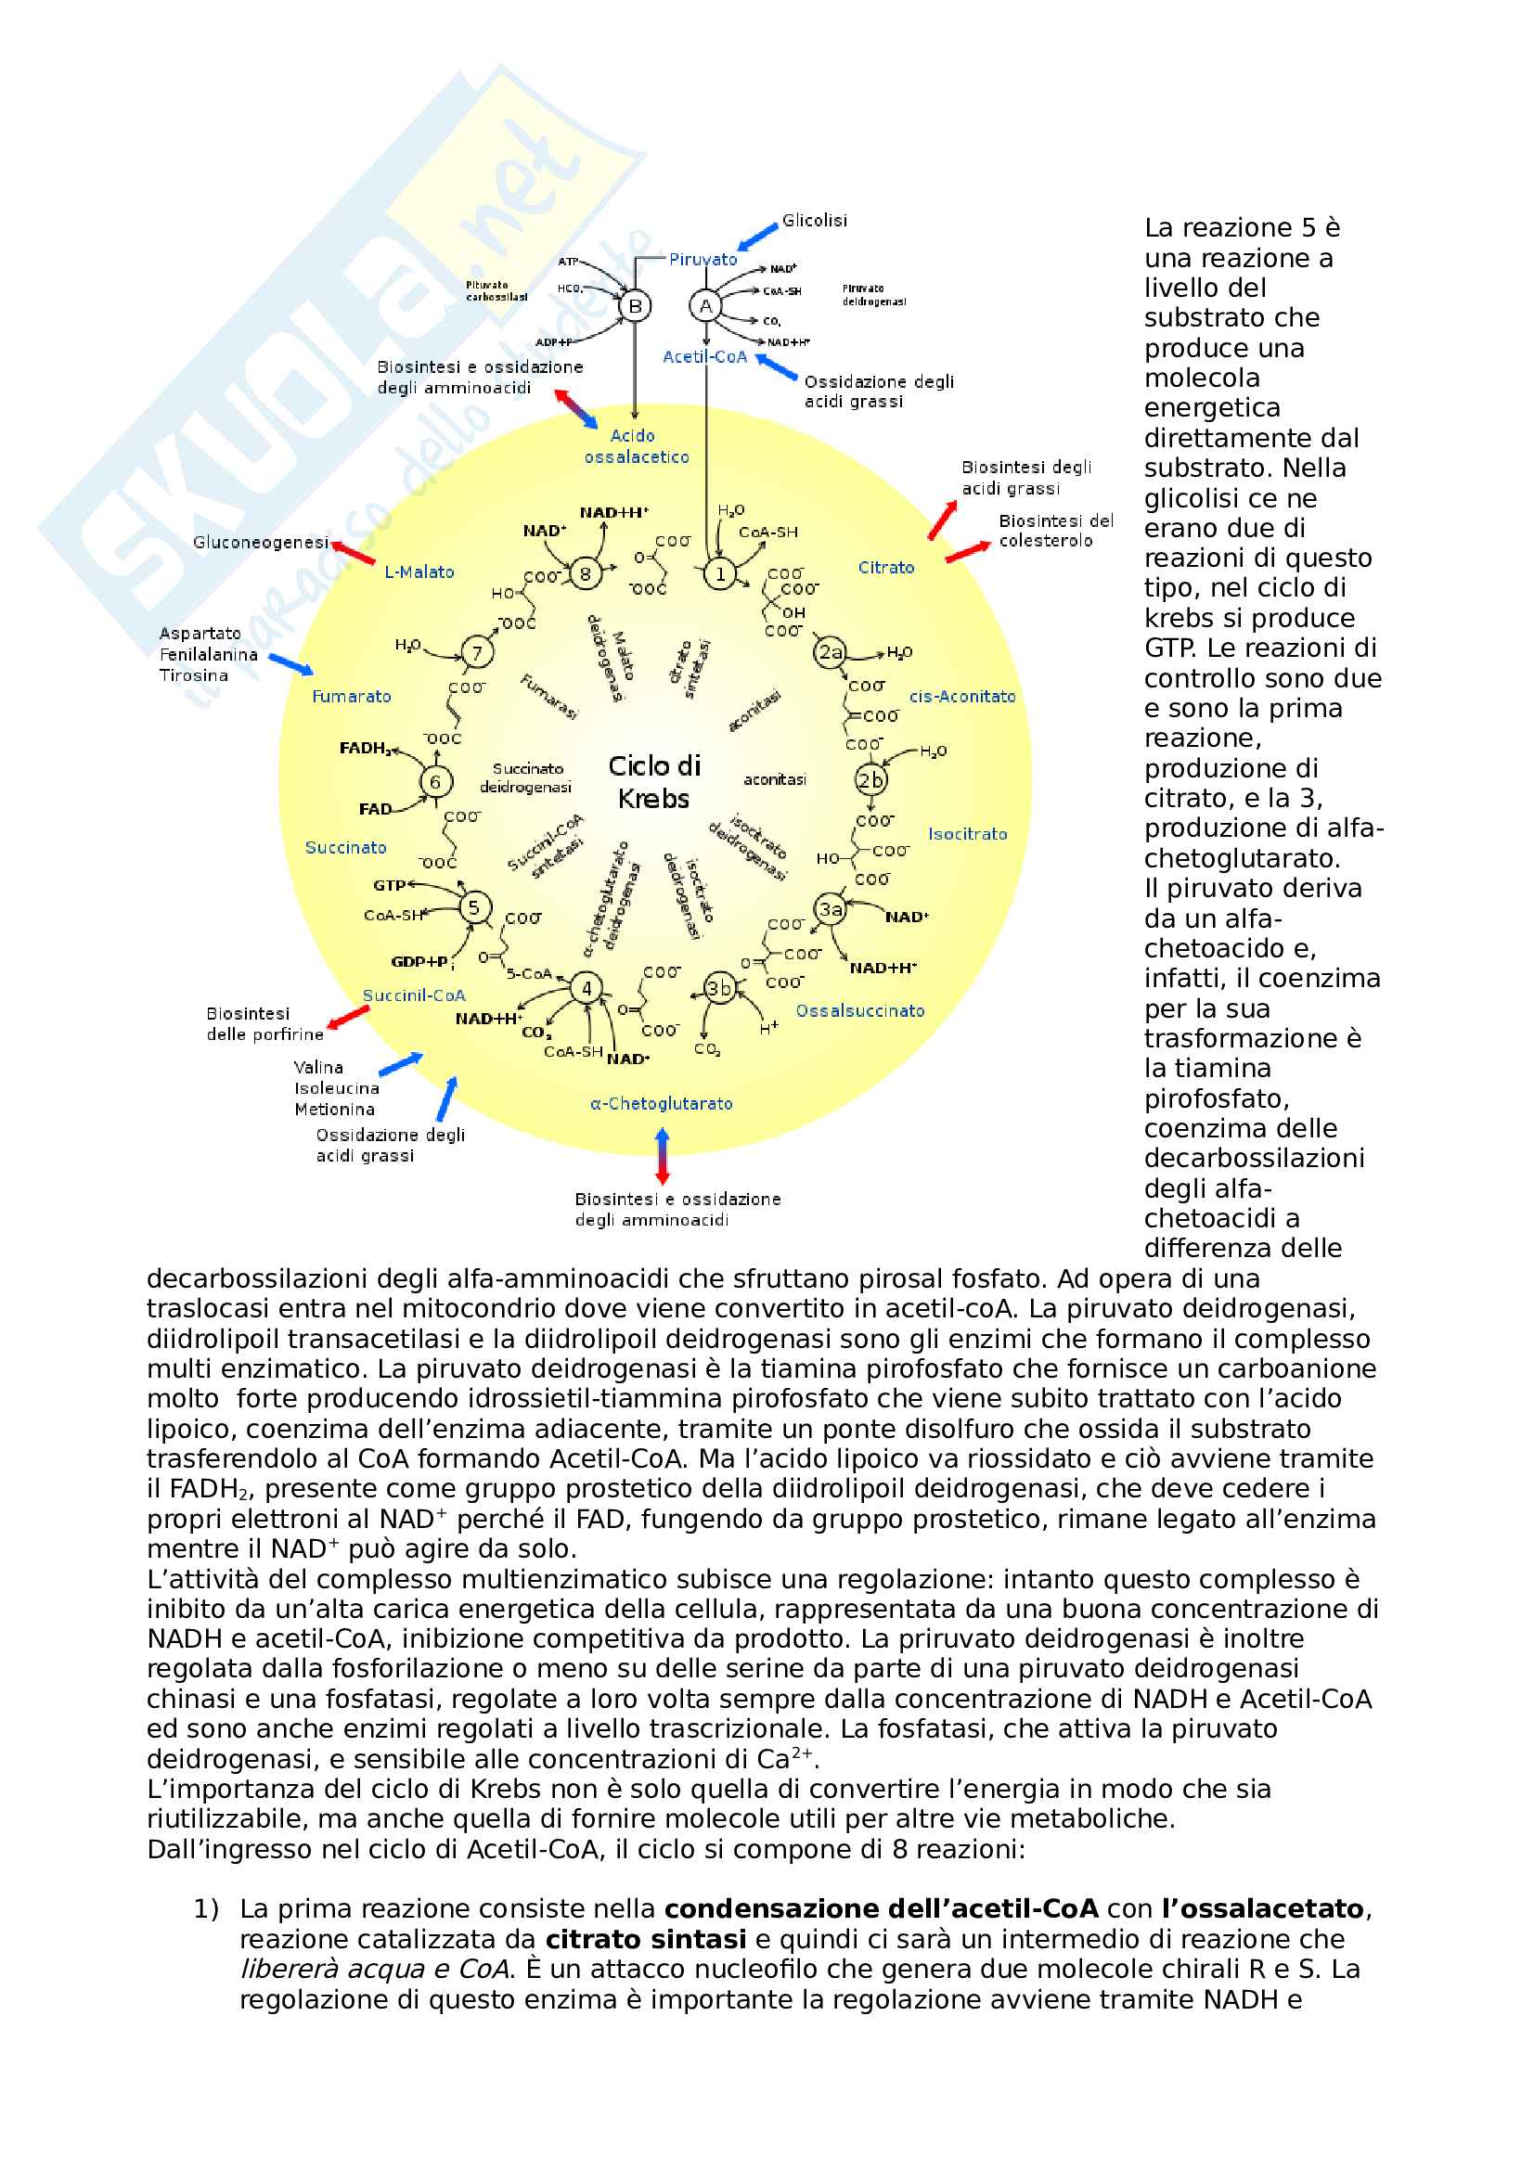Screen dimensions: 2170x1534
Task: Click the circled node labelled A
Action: (705, 306)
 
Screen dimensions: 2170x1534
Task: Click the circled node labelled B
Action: (635, 306)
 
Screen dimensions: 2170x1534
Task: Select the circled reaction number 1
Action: (720, 573)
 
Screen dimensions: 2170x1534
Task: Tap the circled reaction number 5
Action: (474, 907)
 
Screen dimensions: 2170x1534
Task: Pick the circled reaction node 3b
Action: (720, 989)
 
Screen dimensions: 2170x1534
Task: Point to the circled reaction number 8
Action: (585, 573)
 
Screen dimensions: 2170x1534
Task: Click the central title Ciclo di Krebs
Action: (654, 781)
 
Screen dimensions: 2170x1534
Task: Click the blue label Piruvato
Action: (703, 259)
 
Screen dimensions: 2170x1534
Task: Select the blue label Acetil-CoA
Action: (704, 356)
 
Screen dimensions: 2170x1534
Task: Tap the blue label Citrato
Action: (885, 567)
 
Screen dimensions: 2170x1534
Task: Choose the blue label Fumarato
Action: (352, 697)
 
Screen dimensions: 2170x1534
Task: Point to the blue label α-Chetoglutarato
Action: (661, 1103)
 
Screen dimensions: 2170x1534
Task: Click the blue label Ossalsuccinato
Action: (859, 1010)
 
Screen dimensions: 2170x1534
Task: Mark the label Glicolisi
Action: (814, 220)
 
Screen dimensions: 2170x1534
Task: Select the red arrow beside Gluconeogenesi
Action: (353, 553)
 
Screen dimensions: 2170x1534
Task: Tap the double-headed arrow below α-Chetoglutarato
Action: (663, 1156)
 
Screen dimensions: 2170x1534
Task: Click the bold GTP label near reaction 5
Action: (391, 886)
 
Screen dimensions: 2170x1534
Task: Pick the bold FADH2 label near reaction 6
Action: (365, 749)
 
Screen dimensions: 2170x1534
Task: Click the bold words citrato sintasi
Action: (646, 1940)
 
